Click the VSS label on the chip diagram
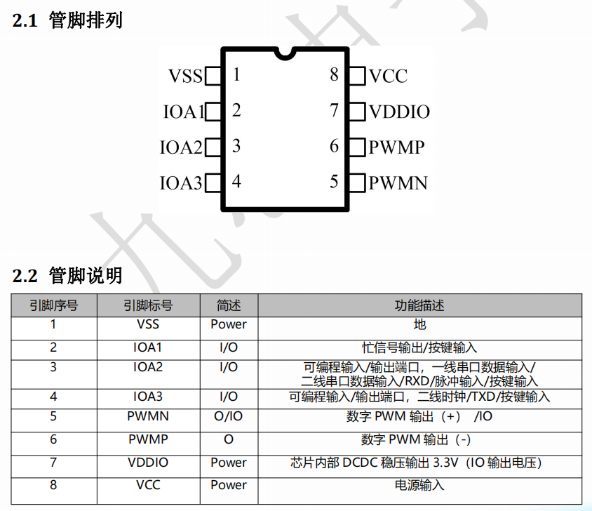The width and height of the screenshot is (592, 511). tap(185, 76)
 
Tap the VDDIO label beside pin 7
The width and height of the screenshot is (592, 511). tap(399, 112)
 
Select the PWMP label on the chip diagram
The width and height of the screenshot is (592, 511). tap(397, 147)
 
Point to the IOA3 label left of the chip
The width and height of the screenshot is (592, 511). tap(181, 183)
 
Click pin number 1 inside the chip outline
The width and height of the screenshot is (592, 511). tap(236, 74)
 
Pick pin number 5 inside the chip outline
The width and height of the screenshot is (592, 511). tap(334, 181)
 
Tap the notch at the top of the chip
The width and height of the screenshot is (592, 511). tap(285, 53)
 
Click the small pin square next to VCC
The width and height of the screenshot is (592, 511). tap(357, 76)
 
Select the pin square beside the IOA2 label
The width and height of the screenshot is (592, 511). tap(213, 147)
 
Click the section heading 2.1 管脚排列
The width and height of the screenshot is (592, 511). tap(67, 20)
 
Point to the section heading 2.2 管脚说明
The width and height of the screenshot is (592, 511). tap(67, 275)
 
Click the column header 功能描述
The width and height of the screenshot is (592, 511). tap(419, 305)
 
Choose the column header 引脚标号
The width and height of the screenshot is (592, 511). tap(148, 305)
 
